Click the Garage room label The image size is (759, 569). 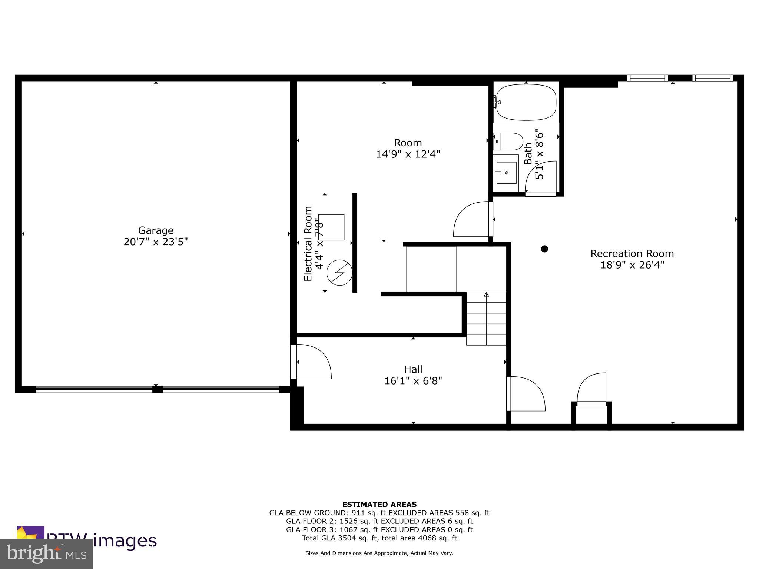click(x=156, y=230)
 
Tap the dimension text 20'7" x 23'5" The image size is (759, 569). click(x=156, y=242)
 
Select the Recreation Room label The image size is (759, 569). click(x=632, y=254)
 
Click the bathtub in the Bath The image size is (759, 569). click(x=526, y=102)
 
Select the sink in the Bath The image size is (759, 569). click(x=506, y=173)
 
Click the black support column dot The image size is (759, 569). click(x=544, y=249)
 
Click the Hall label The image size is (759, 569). click(x=413, y=369)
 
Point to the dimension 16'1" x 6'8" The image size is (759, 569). click(x=413, y=381)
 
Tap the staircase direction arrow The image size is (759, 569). click(x=486, y=295)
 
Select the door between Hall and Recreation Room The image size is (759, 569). click(x=526, y=394)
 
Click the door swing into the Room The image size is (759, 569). click(x=471, y=219)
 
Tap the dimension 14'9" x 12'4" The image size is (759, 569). click(x=408, y=154)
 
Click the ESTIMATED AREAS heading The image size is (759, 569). click(x=379, y=504)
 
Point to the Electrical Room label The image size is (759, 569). click(x=308, y=243)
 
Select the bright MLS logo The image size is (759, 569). click(x=46, y=553)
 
